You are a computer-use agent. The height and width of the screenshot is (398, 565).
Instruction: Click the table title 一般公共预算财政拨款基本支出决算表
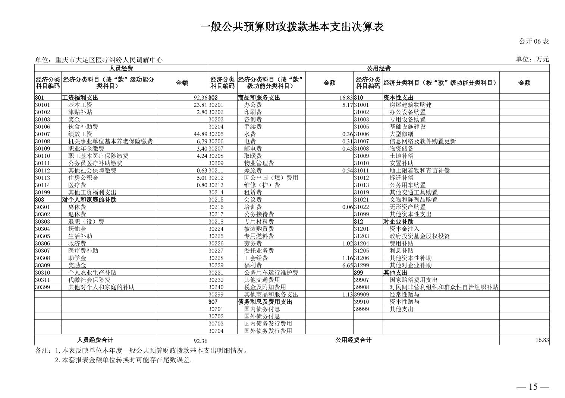point(292,27)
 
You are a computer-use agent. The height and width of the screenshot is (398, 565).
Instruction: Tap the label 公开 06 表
point(534,41)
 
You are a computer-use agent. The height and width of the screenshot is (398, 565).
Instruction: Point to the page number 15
point(533,387)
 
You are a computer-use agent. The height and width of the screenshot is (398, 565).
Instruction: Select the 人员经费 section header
point(121,68)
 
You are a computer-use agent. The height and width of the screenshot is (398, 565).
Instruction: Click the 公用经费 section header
point(378,68)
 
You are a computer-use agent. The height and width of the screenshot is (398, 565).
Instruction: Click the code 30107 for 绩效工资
point(43,134)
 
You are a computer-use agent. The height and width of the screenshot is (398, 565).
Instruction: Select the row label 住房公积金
point(83,178)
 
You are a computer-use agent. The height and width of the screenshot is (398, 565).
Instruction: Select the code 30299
point(216,294)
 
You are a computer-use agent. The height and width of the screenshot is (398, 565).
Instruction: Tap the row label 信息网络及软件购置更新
point(423,141)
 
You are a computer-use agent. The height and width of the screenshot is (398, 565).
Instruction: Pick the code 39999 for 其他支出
point(361,309)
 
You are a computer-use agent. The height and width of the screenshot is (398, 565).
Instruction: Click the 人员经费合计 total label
point(95,340)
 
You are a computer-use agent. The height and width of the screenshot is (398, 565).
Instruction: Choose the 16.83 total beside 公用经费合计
point(543,340)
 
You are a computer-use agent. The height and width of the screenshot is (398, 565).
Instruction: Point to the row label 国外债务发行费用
point(268,331)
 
